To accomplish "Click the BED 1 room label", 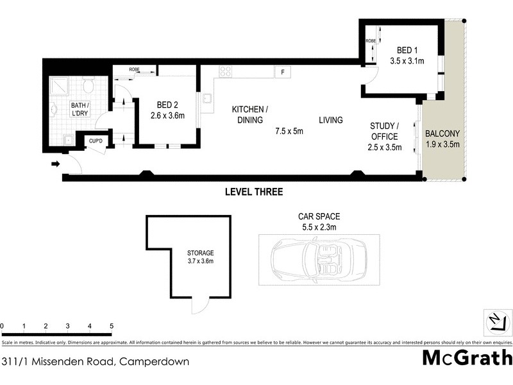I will click(407, 50).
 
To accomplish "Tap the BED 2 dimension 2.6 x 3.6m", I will click(167, 116).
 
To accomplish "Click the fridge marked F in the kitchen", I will click(282, 72).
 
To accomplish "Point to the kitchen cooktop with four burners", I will click(225, 72).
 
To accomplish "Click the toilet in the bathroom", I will click(90, 85).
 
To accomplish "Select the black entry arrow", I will click(56, 164).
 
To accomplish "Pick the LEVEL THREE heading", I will click(253, 192).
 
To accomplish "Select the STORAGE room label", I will click(200, 253).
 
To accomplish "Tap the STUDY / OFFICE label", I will click(385, 131).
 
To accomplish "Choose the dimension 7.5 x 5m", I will click(289, 132).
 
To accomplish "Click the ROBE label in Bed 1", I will click(371, 41).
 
